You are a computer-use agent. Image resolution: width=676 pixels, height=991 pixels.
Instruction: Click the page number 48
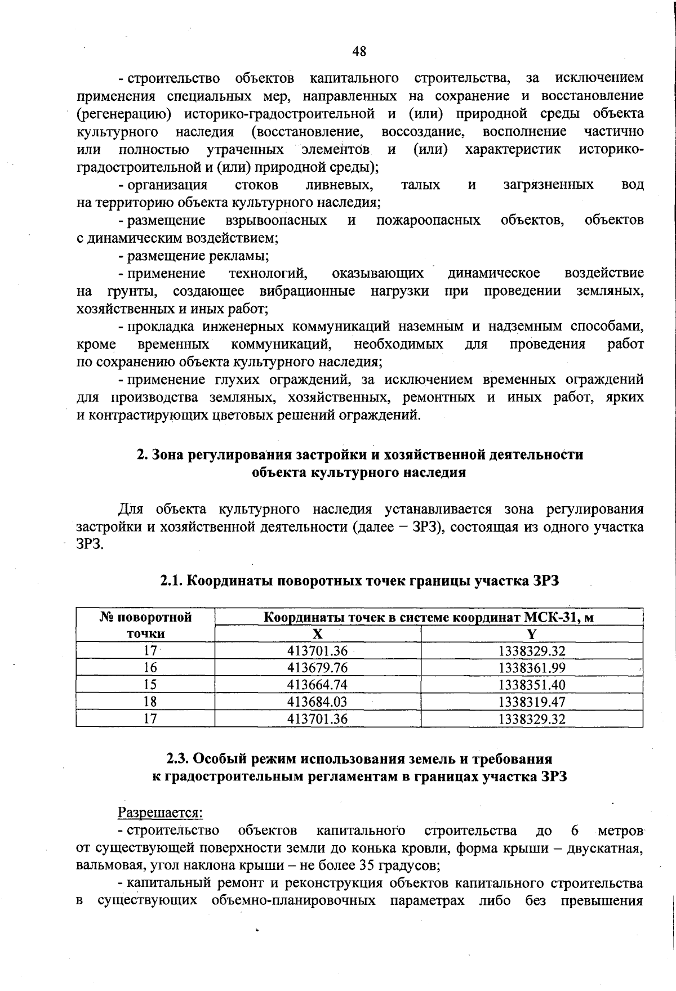pos(359,51)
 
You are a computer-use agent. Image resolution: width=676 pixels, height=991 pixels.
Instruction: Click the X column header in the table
pos(318,634)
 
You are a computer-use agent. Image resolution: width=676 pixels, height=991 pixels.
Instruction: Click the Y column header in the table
pos(531,634)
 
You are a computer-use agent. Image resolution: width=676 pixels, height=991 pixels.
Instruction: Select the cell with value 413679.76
pos(318,668)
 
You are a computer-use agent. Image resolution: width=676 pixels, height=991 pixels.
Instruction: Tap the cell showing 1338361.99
pos(531,668)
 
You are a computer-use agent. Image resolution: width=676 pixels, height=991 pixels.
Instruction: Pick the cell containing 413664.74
pos(318,685)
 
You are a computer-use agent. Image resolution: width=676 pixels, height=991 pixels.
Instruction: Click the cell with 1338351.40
pos(531,685)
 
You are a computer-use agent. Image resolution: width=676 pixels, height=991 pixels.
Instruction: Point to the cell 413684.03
pos(318,702)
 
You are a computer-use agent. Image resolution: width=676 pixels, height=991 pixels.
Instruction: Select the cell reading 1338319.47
pos(531,702)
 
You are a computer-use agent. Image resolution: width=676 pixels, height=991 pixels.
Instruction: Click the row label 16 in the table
pos(150,668)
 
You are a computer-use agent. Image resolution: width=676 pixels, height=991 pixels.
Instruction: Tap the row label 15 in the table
pos(150,685)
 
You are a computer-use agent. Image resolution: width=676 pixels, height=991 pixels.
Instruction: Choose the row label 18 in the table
pos(150,702)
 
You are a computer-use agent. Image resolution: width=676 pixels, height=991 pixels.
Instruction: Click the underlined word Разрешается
pos(160,813)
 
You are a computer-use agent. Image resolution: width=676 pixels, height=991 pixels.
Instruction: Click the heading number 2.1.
pos(172,581)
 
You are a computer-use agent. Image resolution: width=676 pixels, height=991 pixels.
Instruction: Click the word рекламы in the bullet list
pos(239,256)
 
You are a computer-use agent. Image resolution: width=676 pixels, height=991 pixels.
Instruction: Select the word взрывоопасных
pos(276,220)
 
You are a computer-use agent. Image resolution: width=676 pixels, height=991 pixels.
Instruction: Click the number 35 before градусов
pos(367,865)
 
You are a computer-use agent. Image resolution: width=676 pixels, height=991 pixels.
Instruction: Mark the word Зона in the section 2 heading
pos(168,454)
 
